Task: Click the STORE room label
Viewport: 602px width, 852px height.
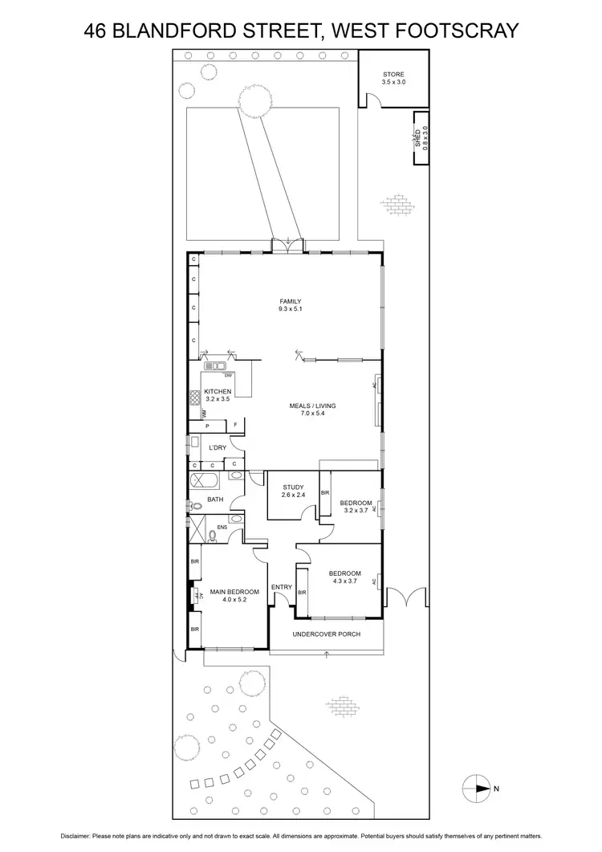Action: pyautogui.click(x=393, y=74)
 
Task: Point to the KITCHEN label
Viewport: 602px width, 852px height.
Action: pyautogui.click(x=218, y=391)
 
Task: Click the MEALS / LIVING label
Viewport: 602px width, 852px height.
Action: pyautogui.click(x=312, y=406)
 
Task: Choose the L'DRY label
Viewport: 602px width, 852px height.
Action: pyautogui.click(x=217, y=446)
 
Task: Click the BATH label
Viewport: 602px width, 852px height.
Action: pyautogui.click(x=215, y=499)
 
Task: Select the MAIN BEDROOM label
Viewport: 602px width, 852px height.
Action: pyautogui.click(x=234, y=591)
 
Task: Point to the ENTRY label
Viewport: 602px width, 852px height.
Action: pyautogui.click(x=282, y=587)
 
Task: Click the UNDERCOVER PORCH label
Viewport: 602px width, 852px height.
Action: pyautogui.click(x=326, y=634)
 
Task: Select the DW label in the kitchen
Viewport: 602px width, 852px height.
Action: pyautogui.click(x=228, y=376)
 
